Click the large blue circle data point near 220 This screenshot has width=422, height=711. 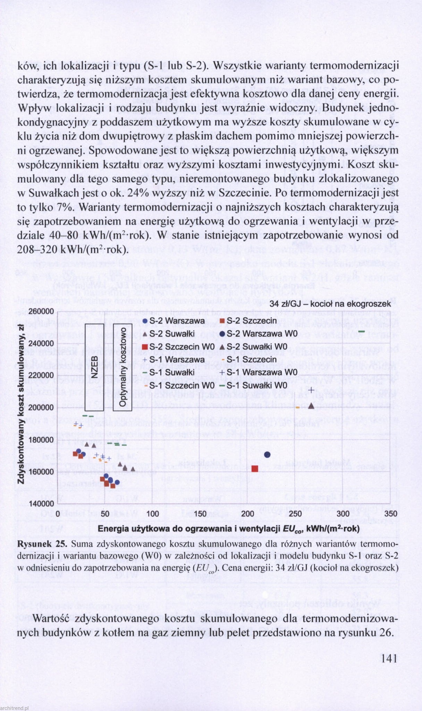(267, 454)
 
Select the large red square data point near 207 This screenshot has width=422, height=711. (255, 469)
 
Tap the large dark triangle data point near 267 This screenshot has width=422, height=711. (311, 406)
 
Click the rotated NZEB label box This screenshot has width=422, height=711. (94, 367)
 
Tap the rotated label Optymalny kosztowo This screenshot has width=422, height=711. (123, 367)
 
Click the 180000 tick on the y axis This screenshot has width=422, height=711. (41, 440)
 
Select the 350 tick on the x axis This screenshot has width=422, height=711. (391, 513)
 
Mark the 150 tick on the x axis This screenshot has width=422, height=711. (200, 513)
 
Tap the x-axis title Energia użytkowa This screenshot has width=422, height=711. (228, 529)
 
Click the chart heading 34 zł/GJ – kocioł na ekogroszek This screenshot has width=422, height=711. (330, 304)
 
